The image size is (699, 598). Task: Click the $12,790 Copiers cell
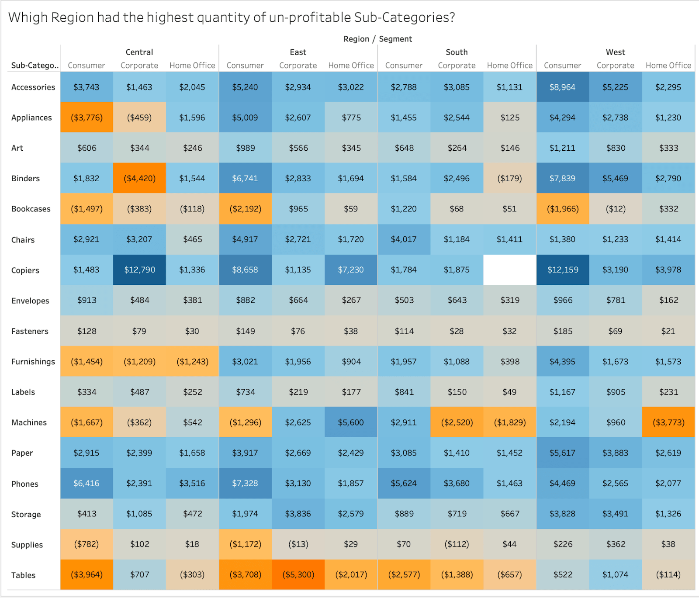click(x=139, y=270)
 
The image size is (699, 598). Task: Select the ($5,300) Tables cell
click(x=298, y=574)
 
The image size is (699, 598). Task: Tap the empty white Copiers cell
click(x=509, y=270)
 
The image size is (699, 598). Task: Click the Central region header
click(x=139, y=52)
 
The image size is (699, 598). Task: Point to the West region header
click(x=615, y=52)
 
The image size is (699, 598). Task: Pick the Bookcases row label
click(x=31, y=209)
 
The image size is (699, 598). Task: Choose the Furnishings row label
click(x=33, y=362)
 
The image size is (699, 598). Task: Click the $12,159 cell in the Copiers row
click(x=563, y=270)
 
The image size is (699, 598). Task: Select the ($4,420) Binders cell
click(x=139, y=178)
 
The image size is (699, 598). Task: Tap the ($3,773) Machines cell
click(x=668, y=422)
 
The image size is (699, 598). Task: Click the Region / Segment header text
click(x=377, y=39)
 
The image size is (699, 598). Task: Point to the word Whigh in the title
click(x=27, y=17)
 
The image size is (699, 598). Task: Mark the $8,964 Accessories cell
click(x=562, y=87)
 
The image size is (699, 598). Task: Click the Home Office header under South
click(x=509, y=66)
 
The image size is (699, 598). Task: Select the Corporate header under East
click(x=298, y=66)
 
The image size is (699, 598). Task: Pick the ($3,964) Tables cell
click(x=87, y=574)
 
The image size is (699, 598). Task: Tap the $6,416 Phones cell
click(x=87, y=483)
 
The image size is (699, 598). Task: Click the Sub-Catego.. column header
click(x=35, y=66)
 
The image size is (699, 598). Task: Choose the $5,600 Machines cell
click(x=351, y=422)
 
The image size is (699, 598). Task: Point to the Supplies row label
click(x=27, y=545)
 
